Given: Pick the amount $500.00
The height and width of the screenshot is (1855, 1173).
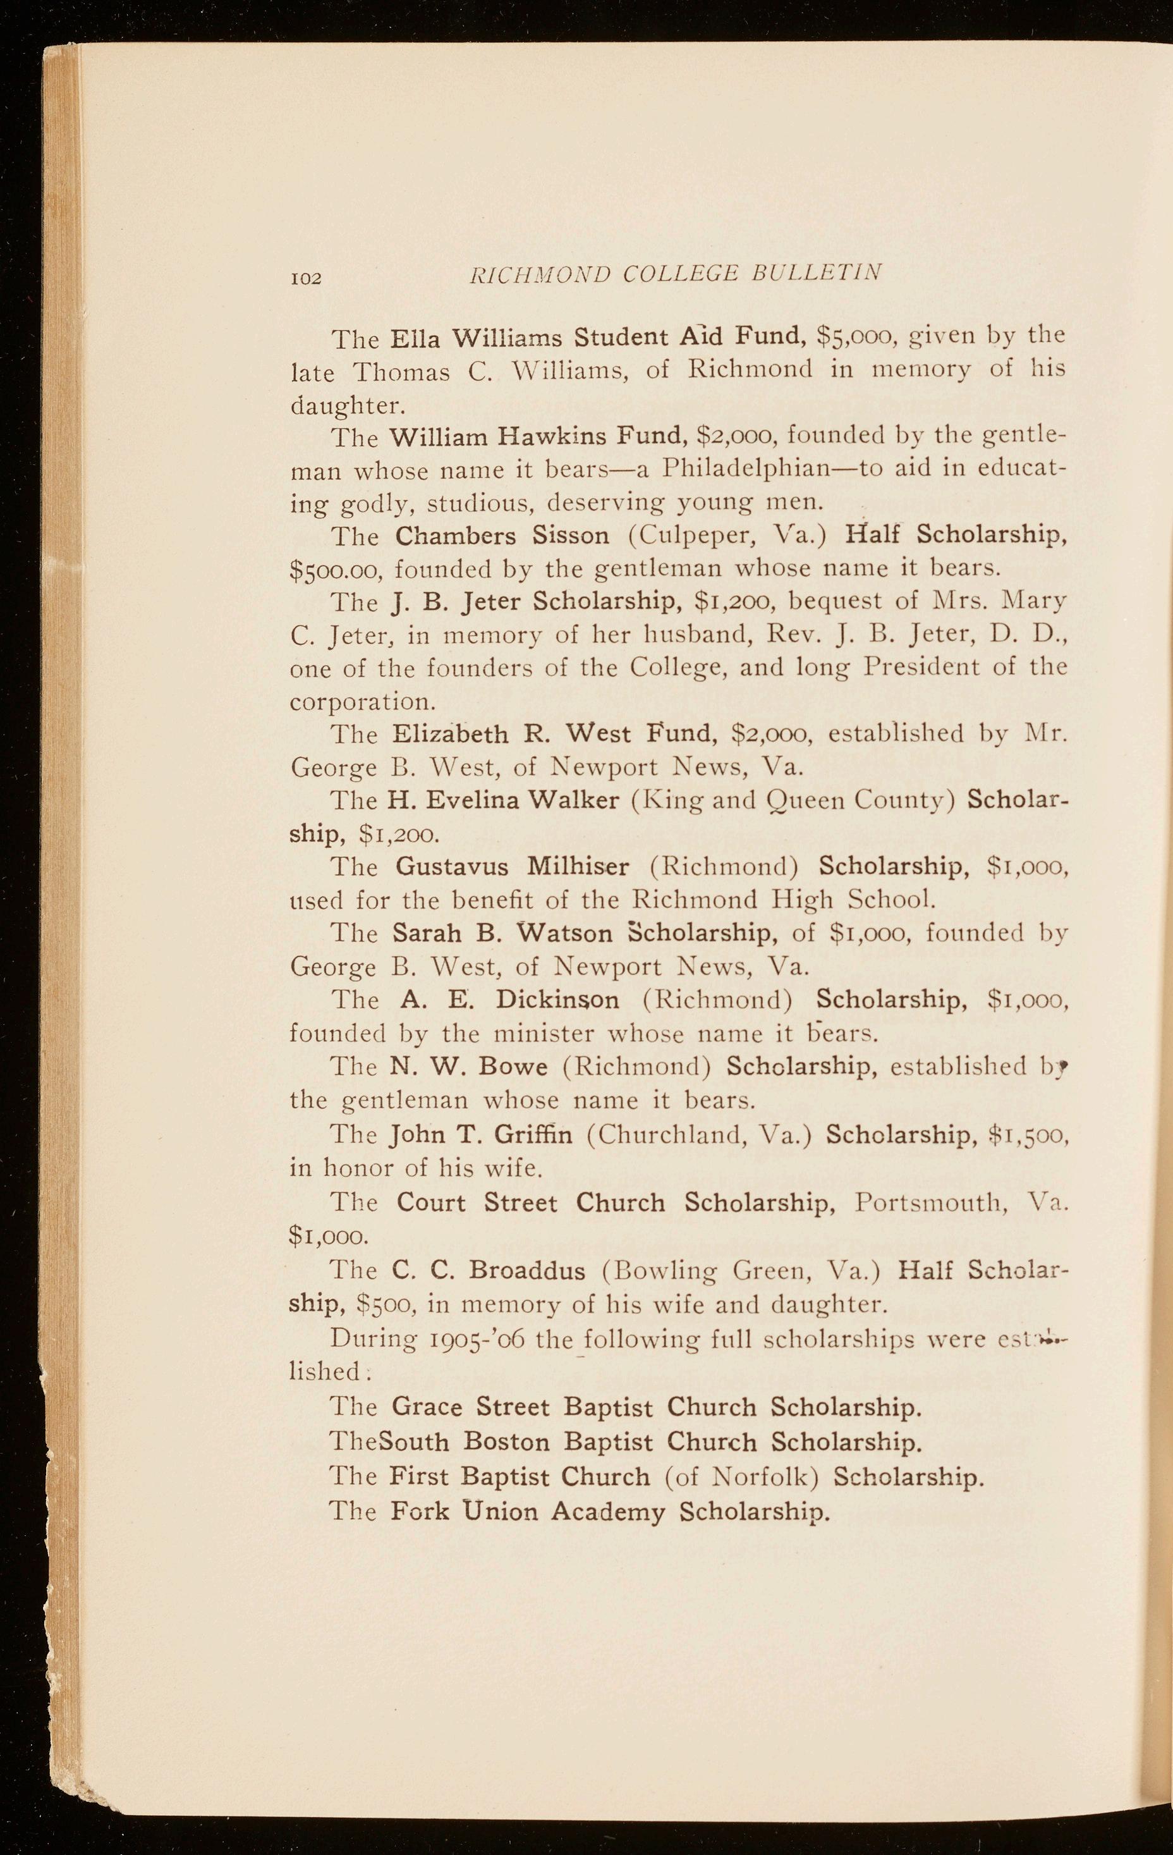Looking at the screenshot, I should [x=338, y=569].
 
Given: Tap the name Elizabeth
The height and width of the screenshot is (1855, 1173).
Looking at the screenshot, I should [x=451, y=733].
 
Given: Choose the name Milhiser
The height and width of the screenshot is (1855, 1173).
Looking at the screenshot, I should [x=578, y=867].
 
